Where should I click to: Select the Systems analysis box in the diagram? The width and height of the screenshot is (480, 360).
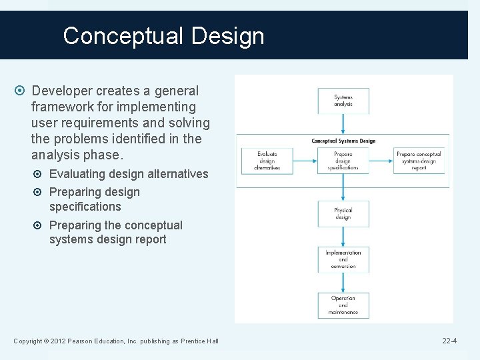[343, 101]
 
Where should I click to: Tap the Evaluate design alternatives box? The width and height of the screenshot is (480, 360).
[267, 161]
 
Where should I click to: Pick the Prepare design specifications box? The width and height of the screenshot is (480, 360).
[343, 161]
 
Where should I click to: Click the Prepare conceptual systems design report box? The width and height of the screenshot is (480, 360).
[419, 161]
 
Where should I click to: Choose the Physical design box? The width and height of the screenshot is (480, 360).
[343, 213]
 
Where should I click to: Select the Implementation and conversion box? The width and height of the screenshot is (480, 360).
[343, 259]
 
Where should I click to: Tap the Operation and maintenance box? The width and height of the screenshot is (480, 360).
[343, 305]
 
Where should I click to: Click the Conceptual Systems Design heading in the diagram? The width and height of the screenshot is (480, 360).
[343, 141]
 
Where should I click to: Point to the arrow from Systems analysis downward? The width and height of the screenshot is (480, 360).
[343, 123]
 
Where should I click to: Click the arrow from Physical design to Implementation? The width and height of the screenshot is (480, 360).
[343, 236]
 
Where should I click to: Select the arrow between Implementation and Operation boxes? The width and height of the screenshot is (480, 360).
[343, 282]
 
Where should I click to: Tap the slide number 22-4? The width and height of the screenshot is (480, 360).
[449, 341]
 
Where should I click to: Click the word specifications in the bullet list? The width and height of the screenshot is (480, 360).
[85, 207]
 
